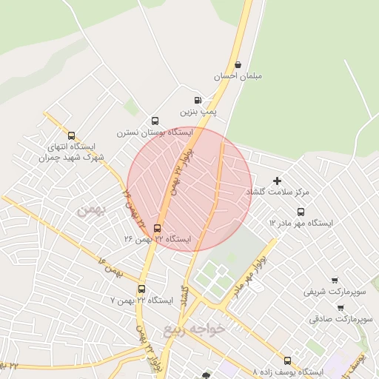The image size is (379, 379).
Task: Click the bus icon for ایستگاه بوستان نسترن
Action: (155, 121)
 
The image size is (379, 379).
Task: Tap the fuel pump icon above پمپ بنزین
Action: (197, 101)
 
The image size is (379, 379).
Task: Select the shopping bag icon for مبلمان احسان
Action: (238, 64)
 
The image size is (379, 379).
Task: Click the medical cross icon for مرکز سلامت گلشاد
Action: (278, 181)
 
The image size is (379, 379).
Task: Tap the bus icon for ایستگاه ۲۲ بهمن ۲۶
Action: (157, 228)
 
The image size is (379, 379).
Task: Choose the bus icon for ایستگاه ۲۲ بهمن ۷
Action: (141, 289)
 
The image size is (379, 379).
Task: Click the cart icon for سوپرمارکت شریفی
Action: (335, 281)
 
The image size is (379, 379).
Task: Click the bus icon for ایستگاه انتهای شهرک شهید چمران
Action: (71, 135)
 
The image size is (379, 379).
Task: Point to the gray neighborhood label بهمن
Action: (92, 211)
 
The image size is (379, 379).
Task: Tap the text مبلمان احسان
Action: (238, 76)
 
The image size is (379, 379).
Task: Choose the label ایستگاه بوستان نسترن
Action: (154, 133)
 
